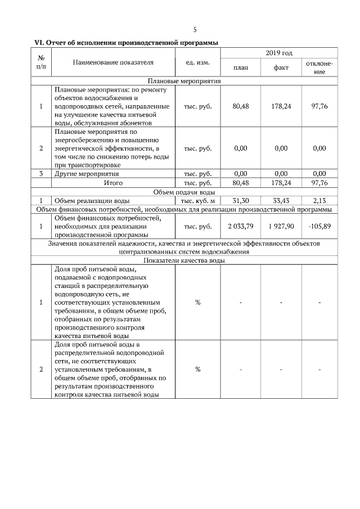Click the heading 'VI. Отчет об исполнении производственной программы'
[127, 42]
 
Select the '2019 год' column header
[279, 53]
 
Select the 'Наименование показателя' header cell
[113, 62]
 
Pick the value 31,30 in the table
[241, 200]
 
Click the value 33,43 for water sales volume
[281, 200]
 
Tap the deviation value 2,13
[319, 200]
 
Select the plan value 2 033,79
[241, 226]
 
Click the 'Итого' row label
[113, 183]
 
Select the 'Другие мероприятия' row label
[87, 174]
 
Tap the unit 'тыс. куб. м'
[197, 200]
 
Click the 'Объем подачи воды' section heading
[184, 192]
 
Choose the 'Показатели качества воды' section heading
[184, 260]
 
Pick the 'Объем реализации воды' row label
[92, 200]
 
